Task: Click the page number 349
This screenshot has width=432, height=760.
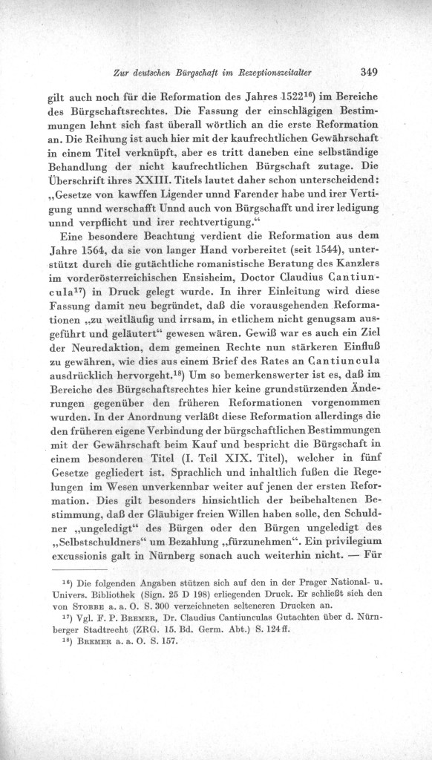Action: click(x=369, y=73)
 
